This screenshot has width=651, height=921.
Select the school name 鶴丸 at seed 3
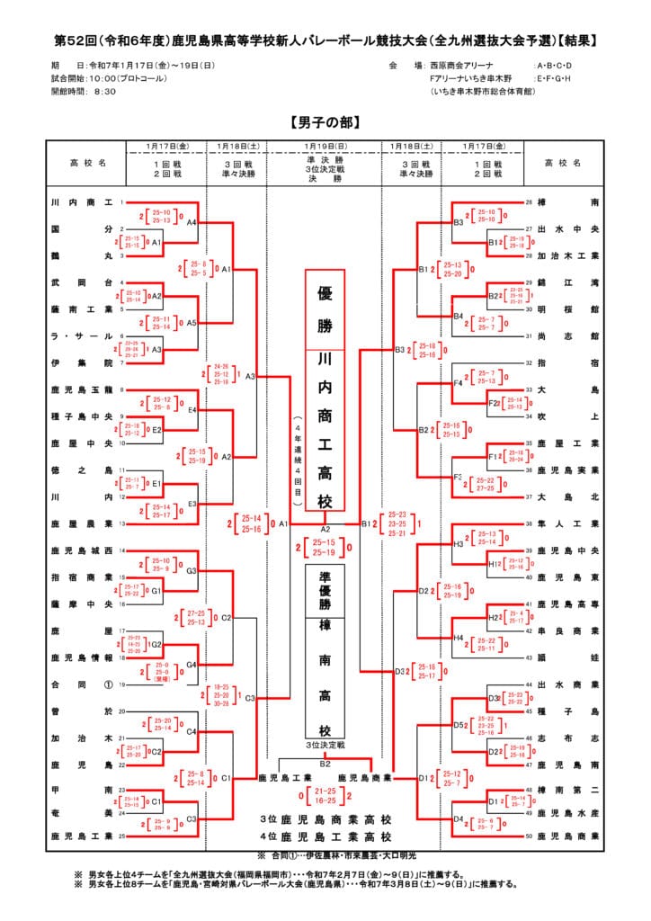(x=82, y=255)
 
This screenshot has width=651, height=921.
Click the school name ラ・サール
(x=82, y=335)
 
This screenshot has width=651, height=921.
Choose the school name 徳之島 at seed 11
(x=82, y=469)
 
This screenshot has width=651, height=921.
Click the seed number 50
(x=530, y=836)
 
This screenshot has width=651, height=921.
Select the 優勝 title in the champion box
(x=325, y=308)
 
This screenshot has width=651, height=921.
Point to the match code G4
(x=192, y=665)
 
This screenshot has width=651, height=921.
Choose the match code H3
(x=458, y=543)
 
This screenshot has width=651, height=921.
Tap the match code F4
(x=458, y=383)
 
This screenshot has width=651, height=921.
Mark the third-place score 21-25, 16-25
(x=325, y=794)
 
